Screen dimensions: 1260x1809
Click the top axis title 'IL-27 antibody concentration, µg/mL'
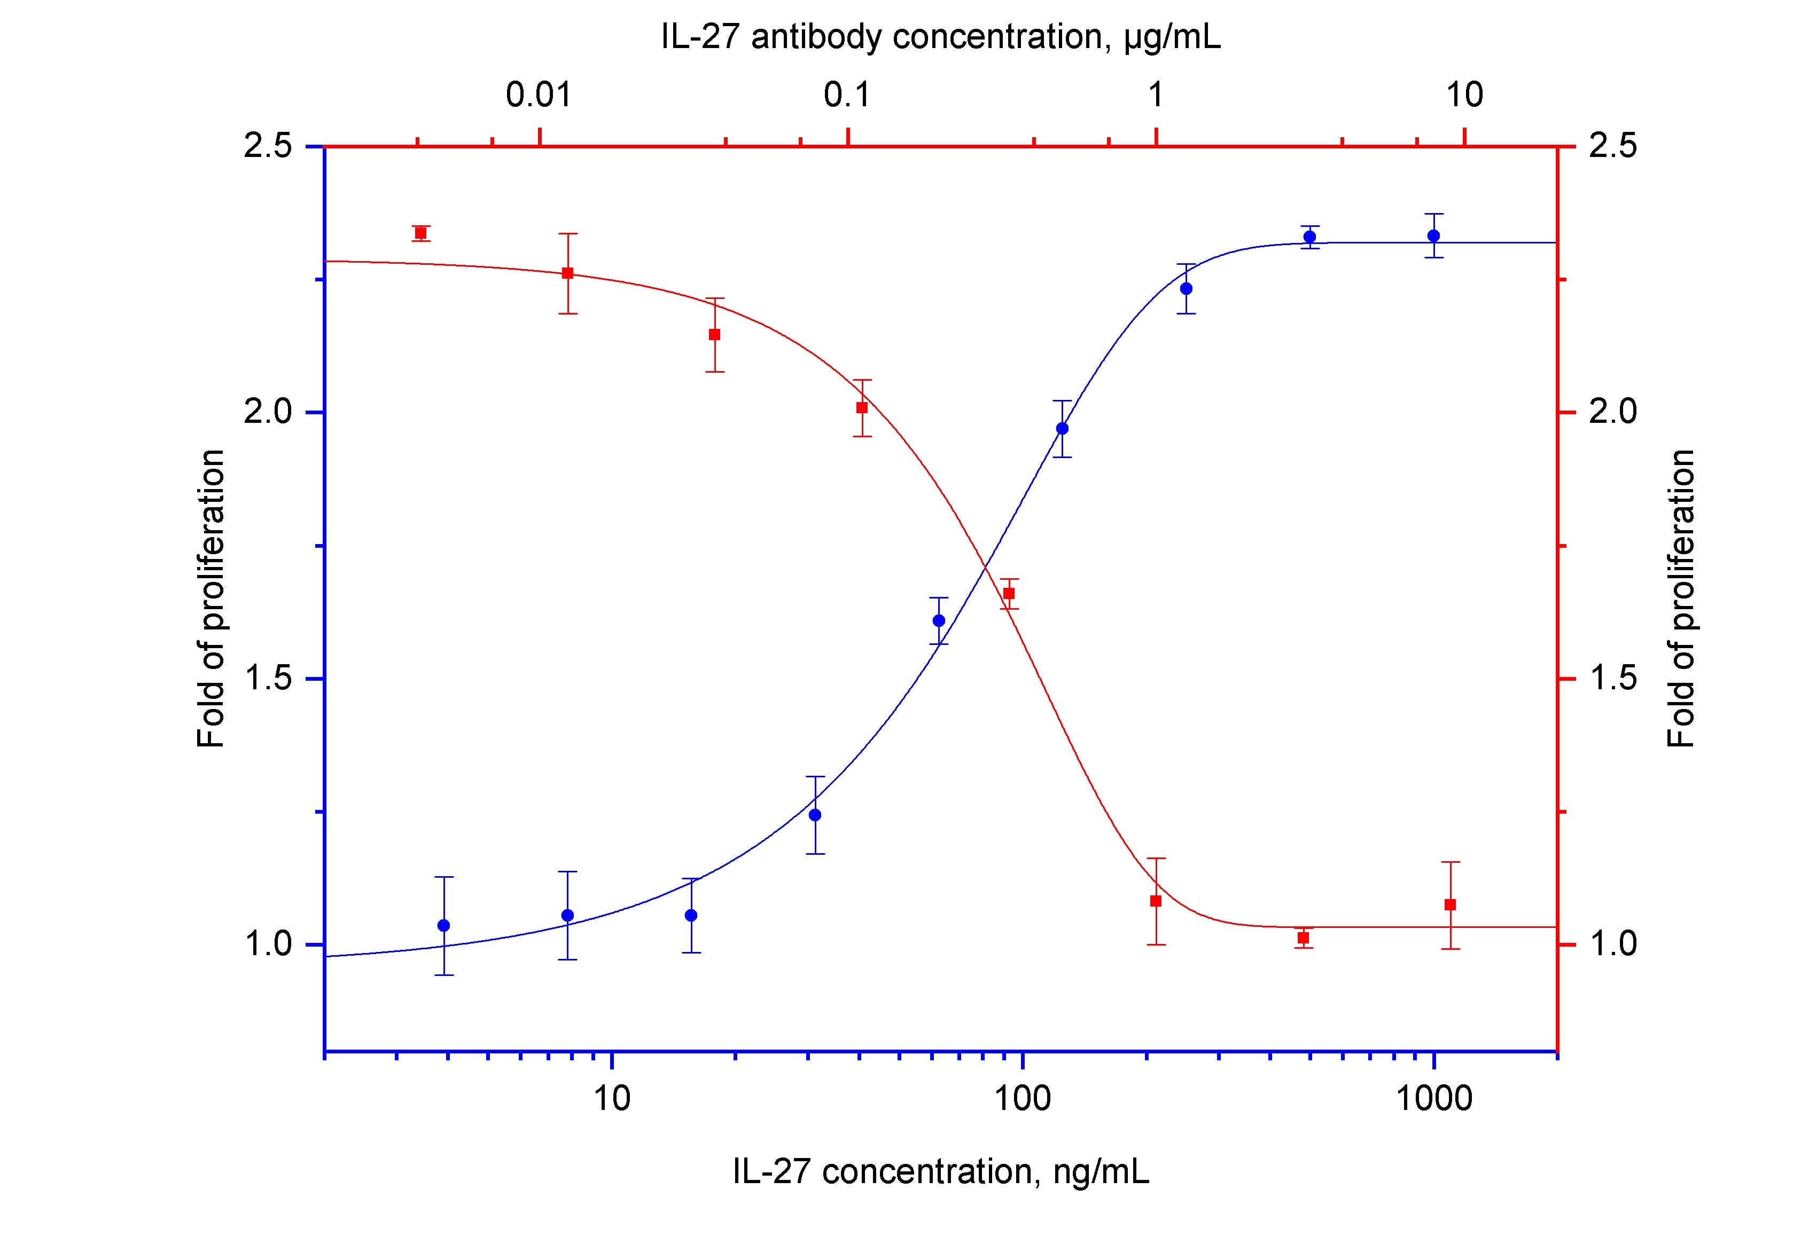(941, 37)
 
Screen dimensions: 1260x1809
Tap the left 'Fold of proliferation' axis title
(210, 598)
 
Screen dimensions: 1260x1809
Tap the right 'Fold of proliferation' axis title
(1681, 598)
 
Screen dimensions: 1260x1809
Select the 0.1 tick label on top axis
(847, 95)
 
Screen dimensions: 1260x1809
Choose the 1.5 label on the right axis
(1612, 679)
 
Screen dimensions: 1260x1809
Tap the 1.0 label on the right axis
(1612, 944)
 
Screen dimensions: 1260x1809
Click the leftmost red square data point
(421, 233)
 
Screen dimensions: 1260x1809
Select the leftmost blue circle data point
(443, 925)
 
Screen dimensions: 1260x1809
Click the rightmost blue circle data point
(1434, 235)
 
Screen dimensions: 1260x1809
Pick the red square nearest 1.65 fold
(1009, 594)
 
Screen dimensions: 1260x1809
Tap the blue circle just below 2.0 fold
(1062, 428)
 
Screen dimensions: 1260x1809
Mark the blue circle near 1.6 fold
(938, 620)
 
